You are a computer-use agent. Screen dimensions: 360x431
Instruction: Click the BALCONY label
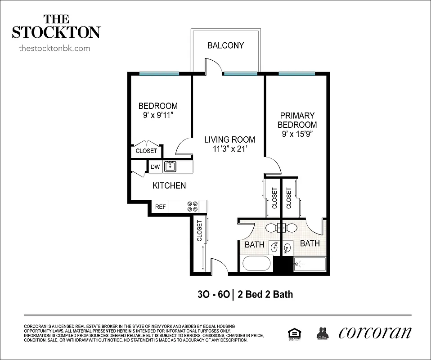225,45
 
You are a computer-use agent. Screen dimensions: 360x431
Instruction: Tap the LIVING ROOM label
229,139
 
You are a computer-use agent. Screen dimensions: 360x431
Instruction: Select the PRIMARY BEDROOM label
297,120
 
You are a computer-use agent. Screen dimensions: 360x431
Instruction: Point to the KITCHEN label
169,185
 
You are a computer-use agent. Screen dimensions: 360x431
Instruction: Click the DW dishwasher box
155,167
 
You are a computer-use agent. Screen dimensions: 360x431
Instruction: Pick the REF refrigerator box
161,207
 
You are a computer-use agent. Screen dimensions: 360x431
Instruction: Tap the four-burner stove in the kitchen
193,207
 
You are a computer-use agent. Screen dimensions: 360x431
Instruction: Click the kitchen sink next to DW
170,166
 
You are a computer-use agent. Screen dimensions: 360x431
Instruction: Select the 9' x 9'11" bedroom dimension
157,115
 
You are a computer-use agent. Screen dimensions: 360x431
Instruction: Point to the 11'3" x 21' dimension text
229,149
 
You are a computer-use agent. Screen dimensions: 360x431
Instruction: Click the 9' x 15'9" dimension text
297,134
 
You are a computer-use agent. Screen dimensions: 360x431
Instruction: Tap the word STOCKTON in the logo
56,32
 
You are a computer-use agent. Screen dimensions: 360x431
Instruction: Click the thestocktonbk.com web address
54,48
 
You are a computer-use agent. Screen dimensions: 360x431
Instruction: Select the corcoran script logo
374,333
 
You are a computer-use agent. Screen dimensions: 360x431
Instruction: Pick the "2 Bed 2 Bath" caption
265,295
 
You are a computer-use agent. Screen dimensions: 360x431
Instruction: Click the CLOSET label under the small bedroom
146,151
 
